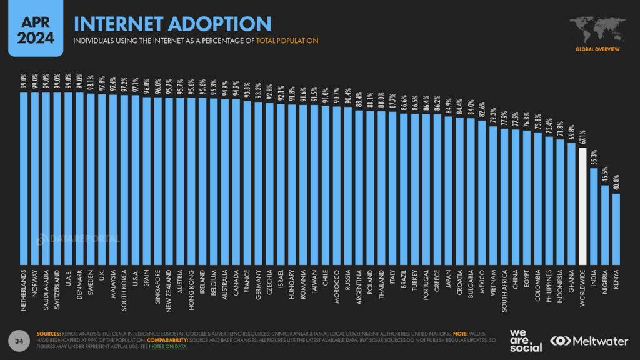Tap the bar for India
594,216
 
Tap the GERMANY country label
259,286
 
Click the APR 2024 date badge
31,29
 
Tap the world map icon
597,27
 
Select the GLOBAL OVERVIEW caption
597,49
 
